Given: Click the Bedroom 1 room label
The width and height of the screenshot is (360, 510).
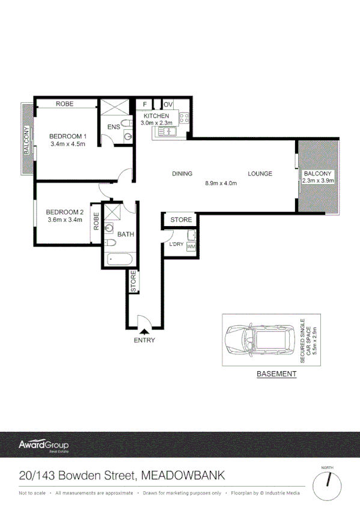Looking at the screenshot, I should (68, 136).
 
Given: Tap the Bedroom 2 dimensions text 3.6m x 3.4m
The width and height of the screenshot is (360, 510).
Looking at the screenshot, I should (64, 220).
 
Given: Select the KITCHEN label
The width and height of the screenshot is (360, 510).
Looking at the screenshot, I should (156, 115).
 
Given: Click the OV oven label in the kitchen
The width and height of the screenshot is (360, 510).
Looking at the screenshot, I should (168, 105).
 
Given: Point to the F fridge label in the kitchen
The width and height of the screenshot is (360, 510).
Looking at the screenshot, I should (145, 105).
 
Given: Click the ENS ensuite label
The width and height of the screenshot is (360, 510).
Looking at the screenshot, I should (114, 127).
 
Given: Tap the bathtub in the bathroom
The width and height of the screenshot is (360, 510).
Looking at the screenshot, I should (120, 260).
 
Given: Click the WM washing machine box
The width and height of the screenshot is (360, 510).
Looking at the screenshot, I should (191, 247).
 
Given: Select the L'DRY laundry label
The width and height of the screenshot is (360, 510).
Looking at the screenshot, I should (176, 244).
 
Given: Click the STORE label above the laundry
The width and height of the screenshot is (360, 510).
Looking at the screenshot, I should (181, 220).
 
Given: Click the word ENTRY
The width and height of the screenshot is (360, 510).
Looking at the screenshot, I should (145, 340).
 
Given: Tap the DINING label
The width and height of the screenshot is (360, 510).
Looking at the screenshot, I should (182, 174).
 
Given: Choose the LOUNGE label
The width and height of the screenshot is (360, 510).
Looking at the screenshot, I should (260, 174).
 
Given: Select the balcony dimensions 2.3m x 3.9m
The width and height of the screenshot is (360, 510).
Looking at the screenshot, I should (317, 180).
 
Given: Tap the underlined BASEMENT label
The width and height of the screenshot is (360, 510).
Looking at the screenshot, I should (276, 374).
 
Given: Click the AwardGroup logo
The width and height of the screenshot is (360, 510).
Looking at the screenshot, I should (44, 446).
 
